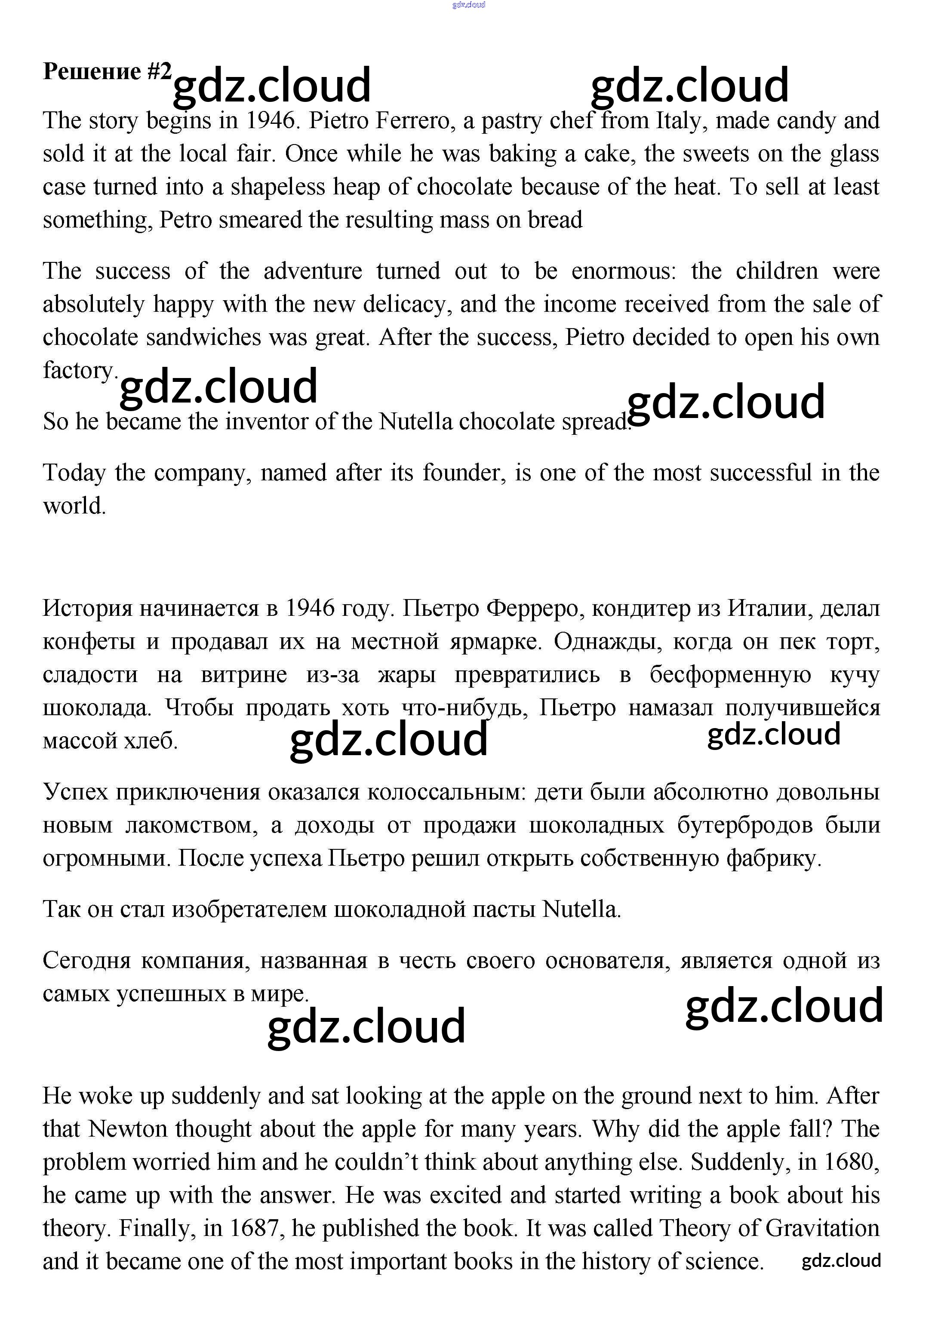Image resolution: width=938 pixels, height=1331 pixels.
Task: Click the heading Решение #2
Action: [x=107, y=71]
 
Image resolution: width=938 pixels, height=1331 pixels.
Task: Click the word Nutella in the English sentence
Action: [x=415, y=421]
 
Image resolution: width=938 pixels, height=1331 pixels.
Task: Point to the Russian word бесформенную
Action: [x=730, y=674]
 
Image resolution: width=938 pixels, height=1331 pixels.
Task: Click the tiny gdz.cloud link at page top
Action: [x=468, y=5]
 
